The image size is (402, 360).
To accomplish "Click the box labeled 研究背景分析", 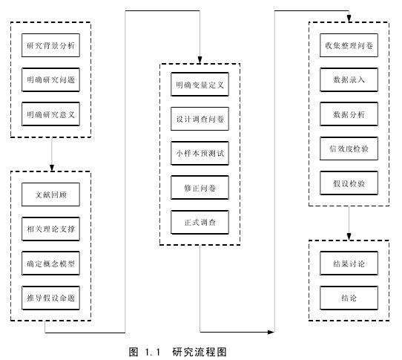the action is tap(50, 45).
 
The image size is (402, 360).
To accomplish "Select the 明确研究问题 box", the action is tap(50, 79).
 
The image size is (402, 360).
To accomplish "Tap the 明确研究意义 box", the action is tap(50, 114).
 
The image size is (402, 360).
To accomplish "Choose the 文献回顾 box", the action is tap(50, 194).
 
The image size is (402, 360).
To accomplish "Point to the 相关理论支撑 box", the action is tap(50, 229).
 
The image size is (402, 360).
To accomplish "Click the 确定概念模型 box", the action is tap(50, 264).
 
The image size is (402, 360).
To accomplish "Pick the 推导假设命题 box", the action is tap(50, 298).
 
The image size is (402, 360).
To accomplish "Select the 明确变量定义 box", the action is tap(200, 85).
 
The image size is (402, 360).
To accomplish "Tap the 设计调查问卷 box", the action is tap(200, 119).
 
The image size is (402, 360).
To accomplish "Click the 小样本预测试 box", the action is tap(200, 153).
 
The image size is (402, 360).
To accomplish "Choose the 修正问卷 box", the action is tap(200, 188).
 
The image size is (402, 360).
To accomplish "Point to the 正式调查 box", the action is tap(200, 222).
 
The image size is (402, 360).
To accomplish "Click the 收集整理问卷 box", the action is tap(349, 45).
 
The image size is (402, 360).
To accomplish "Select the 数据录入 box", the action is tap(349, 79).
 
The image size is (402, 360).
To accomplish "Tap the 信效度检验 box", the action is tap(349, 148).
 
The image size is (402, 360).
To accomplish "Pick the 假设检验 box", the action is tap(349, 183).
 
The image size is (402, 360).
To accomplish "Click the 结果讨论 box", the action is tap(349, 264).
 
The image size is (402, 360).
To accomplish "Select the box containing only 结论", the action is tap(349, 298).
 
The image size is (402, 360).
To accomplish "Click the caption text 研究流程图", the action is tap(200, 352).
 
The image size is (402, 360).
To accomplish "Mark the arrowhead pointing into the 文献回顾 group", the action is tap(52, 168).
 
